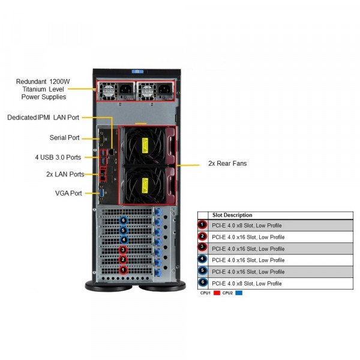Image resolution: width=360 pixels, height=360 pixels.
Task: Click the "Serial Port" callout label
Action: click(65, 137)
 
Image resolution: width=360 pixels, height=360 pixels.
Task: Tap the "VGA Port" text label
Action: click(68, 193)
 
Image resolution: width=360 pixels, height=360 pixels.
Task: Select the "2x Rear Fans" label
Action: click(227, 163)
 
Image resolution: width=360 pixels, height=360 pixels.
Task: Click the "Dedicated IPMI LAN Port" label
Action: click(43, 118)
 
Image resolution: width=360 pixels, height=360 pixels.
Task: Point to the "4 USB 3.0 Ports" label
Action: click(58, 157)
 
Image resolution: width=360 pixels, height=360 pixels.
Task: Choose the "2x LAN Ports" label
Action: click(65, 174)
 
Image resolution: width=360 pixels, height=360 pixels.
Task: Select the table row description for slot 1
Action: click(247, 226)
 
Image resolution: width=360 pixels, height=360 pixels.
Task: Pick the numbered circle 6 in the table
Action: click(202, 283)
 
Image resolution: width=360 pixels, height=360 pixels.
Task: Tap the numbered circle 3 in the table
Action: click(202, 248)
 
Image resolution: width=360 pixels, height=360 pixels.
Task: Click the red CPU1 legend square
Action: click(217, 293)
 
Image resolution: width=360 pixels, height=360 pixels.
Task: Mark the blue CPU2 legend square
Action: click(239, 293)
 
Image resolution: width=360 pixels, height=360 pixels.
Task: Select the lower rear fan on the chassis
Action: click(144, 182)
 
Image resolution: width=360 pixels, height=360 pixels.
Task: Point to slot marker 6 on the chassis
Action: click(123, 220)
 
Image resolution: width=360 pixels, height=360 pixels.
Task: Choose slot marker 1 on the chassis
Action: click(123, 270)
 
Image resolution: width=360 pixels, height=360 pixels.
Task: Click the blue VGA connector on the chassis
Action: click(103, 193)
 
